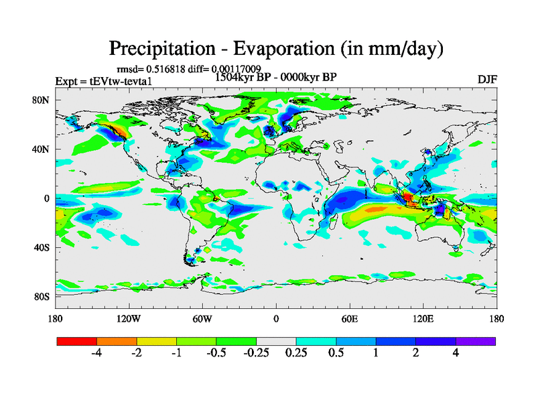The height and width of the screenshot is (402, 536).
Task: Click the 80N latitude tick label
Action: point(42,100)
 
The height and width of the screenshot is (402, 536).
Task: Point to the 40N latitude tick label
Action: point(42,149)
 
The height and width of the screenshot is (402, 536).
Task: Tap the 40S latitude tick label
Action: point(42,248)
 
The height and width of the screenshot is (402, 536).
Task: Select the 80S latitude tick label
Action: point(42,297)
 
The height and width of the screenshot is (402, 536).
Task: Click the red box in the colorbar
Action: point(77,341)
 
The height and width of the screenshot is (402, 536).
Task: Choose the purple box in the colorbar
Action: point(476,341)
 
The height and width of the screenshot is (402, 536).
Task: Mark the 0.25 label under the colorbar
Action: point(295,353)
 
